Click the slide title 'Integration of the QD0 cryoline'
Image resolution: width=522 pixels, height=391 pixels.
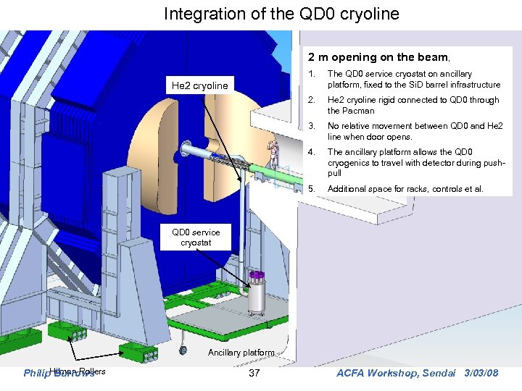[281, 14]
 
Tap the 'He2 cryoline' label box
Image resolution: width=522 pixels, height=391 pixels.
[199, 85]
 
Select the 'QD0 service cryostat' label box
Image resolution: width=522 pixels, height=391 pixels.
[191, 237]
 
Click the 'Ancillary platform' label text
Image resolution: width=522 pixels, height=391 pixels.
[241, 353]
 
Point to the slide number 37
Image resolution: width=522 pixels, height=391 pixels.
[254, 373]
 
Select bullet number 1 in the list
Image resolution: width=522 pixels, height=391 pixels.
[311, 74]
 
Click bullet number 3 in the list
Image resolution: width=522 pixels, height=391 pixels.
[311, 126]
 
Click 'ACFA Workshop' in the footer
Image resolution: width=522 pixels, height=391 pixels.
[370, 373]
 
